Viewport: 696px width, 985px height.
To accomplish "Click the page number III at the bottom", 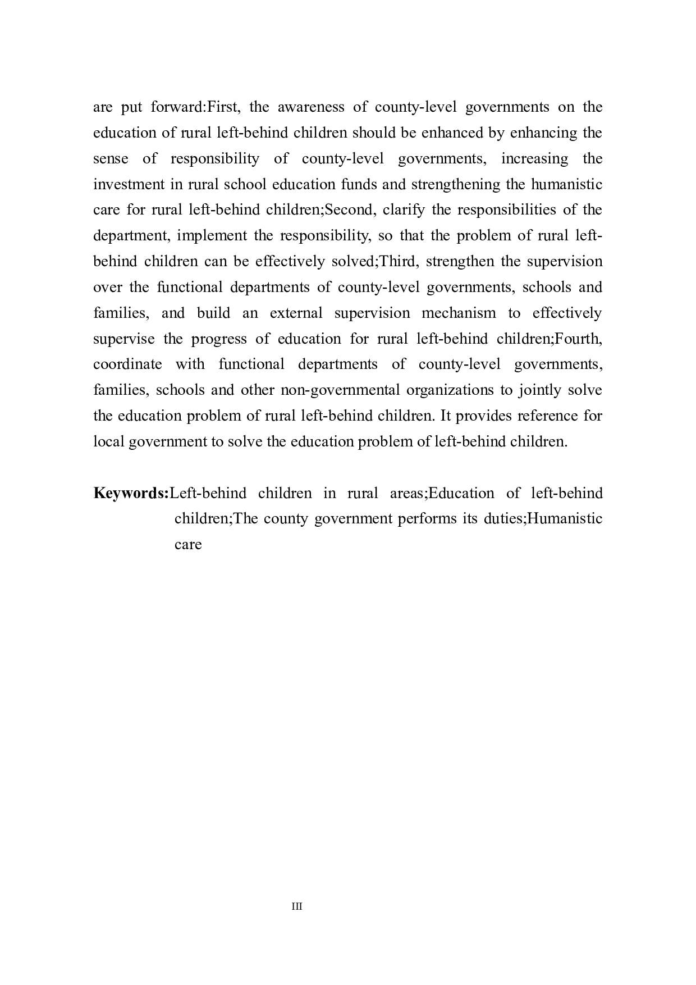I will (x=297, y=906).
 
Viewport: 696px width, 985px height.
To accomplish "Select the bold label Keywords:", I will (x=131, y=493).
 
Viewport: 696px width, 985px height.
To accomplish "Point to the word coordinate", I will (x=127, y=364).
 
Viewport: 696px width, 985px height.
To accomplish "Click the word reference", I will (x=548, y=416).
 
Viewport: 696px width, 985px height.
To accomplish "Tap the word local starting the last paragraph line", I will (x=109, y=441).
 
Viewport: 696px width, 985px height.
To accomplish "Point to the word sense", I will (x=111, y=158).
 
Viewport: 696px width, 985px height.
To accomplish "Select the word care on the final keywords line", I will (x=188, y=545).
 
